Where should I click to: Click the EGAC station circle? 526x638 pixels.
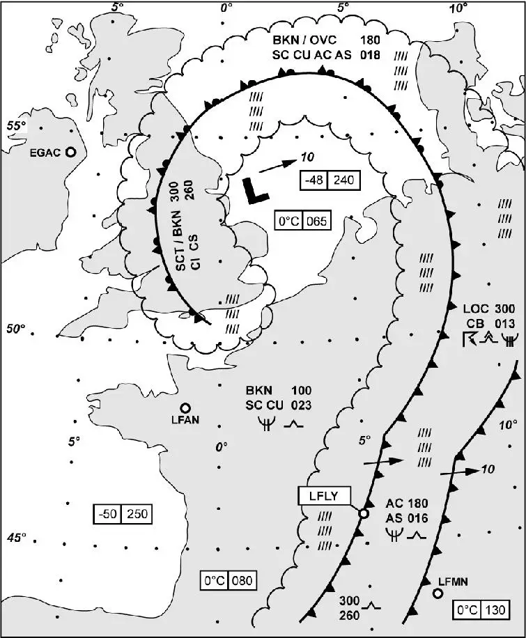pos(70,153)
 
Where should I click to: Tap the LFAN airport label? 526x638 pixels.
pos(185,419)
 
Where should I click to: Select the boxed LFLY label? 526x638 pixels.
pos(324,495)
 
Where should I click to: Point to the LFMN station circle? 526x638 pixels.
pos(438,593)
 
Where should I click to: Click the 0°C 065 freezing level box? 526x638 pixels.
pos(300,221)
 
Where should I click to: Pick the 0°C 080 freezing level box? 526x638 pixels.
pos(227,580)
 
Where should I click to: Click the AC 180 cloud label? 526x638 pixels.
pos(407,504)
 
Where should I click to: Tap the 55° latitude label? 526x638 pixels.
pos(16,125)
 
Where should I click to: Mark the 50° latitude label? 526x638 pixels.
pos(16,328)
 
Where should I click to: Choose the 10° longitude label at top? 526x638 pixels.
pos(458,8)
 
